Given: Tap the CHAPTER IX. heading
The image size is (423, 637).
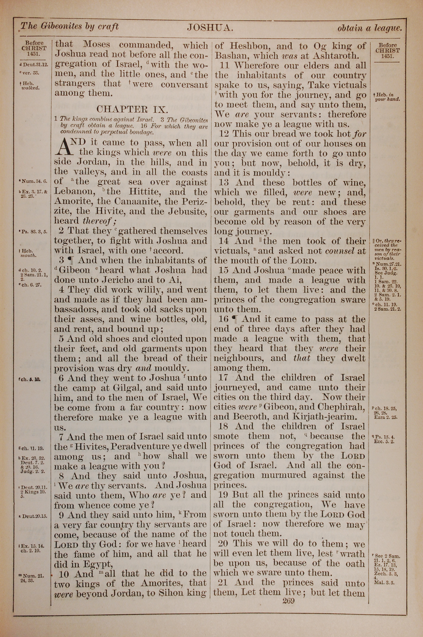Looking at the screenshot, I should [132, 109].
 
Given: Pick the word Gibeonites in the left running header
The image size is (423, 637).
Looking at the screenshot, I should [62, 26].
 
